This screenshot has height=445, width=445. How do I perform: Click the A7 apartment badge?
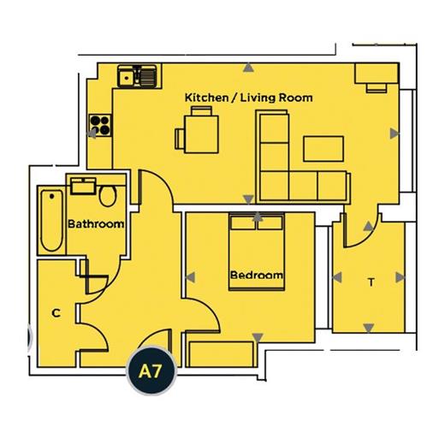(151, 371)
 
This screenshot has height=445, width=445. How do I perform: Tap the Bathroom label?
(96, 224)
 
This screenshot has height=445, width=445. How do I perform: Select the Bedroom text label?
(257, 275)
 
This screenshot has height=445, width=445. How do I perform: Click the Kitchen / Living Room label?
(248, 98)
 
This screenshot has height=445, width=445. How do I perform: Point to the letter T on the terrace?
(371, 282)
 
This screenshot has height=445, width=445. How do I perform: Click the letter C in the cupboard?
(56, 313)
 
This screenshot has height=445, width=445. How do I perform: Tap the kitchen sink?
(137, 76)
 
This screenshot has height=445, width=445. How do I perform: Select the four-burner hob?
(100, 125)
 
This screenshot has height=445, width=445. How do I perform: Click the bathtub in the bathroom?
(51, 220)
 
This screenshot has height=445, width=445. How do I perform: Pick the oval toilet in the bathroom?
(108, 196)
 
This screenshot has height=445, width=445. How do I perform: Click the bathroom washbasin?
(83, 187)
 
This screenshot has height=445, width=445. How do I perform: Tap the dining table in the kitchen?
(201, 134)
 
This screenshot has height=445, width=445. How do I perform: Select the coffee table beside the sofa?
(323, 149)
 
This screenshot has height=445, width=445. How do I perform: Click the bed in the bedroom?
(257, 252)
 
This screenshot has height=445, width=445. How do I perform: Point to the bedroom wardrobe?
(221, 354)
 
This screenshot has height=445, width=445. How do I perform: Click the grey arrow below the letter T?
(369, 328)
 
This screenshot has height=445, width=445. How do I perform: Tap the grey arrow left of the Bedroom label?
(190, 277)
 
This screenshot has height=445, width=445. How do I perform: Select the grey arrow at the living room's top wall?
(248, 68)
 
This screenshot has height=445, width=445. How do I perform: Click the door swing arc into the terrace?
(369, 235)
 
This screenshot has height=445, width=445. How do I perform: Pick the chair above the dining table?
(201, 111)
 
